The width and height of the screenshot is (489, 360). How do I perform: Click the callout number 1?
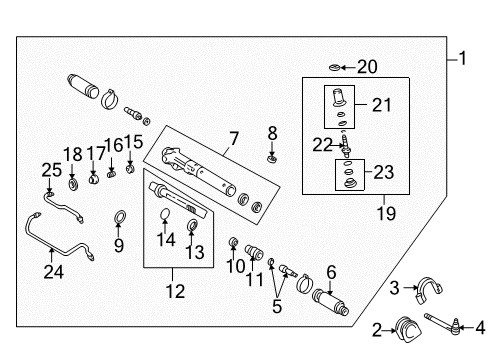[x=461, y=58]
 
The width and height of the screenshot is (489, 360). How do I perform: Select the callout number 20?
[x=367, y=68]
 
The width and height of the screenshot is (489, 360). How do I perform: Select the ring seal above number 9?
[x=119, y=216]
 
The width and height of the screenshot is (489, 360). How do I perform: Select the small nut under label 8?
[x=272, y=156]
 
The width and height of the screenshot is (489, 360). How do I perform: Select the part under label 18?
[x=73, y=184]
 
